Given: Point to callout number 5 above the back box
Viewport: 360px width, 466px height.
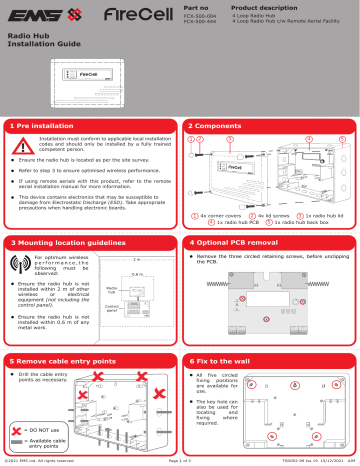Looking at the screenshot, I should (341, 139).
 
